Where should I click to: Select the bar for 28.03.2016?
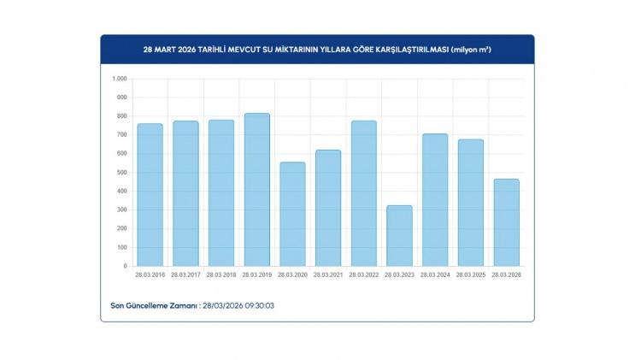pyautogui.click(x=150, y=195)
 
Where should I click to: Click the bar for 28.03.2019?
pyautogui.click(x=256, y=190)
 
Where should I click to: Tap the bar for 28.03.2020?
pyautogui.click(x=292, y=214)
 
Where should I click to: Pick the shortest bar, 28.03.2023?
pyautogui.click(x=399, y=235)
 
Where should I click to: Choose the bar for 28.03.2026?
pyautogui.click(x=506, y=222)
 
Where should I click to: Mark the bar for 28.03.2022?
pyautogui.click(x=363, y=193)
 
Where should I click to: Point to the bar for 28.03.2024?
pyautogui.click(x=435, y=200)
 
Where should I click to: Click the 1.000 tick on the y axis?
pyautogui.click(x=120, y=79)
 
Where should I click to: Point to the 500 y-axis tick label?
pyautogui.click(x=122, y=172)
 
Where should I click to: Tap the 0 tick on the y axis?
pyautogui.click(x=125, y=266)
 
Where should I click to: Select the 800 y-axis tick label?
pyautogui.click(x=122, y=116)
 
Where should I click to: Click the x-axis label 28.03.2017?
pyautogui.click(x=185, y=275)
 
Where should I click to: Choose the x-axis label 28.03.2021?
pyautogui.click(x=328, y=275)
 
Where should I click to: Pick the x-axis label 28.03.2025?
pyautogui.click(x=470, y=275)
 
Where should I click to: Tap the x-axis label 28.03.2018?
pyautogui.click(x=221, y=275)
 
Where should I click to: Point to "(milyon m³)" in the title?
pyautogui.click(x=471, y=50)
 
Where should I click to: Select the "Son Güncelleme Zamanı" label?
pyautogui.click(x=154, y=304)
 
